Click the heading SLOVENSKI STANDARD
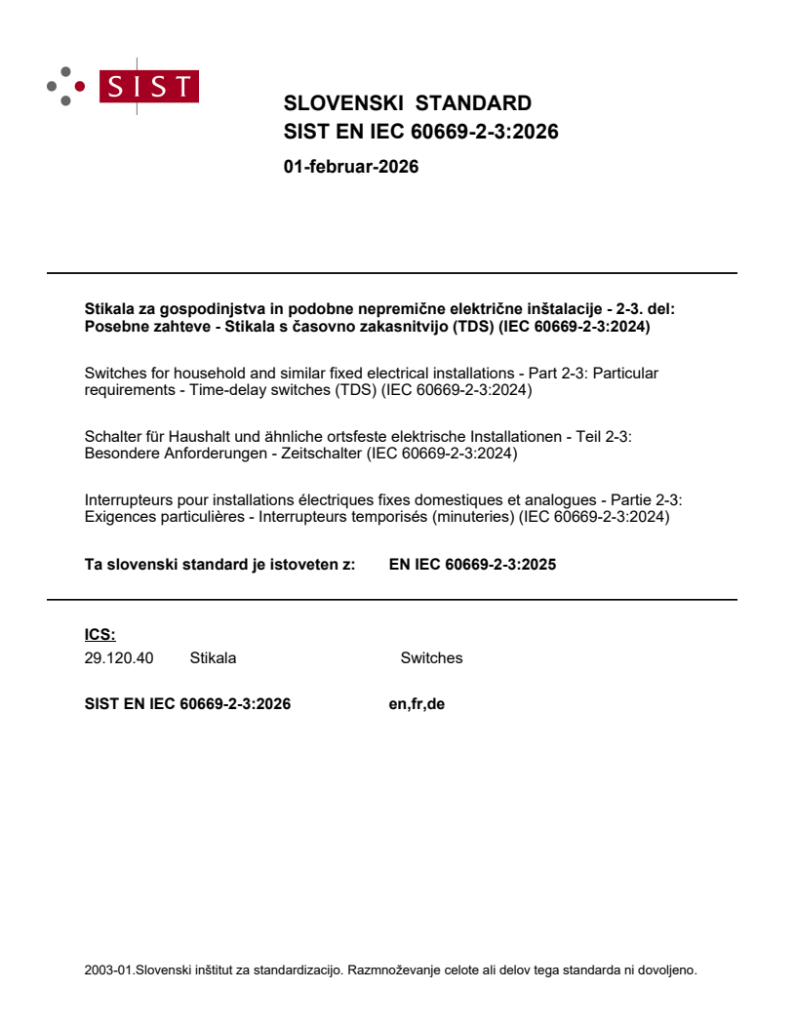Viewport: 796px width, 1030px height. (407, 103)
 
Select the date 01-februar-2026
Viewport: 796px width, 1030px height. (350, 167)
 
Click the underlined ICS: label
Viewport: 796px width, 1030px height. (100, 634)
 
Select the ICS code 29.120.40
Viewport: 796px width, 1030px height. (119, 657)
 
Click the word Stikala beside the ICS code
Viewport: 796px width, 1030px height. (213, 657)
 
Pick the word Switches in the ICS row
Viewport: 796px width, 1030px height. (431, 657)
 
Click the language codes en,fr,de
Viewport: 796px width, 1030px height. (417, 703)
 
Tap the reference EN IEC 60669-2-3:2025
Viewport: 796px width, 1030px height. (472, 563)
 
